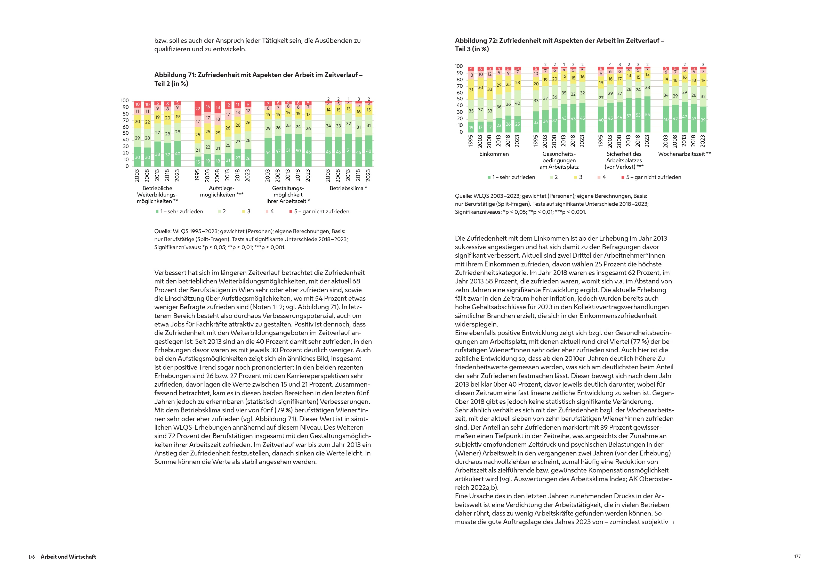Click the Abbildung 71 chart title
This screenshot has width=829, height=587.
pos(258,79)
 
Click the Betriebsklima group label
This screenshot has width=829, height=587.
pos(348,188)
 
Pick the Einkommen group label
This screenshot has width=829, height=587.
pos(494,154)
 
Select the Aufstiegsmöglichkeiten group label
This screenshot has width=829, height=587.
pos(222,192)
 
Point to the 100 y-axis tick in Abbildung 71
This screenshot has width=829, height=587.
pos(125,101)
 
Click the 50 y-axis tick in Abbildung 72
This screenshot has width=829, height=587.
pos(460,99)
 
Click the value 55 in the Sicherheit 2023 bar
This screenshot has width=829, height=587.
pos(647,115)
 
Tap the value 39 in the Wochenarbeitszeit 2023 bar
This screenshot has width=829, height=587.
pos(703,120)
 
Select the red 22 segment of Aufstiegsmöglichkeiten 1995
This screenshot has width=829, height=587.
pos(198,108)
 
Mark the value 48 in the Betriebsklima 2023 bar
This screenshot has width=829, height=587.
pos(368,151)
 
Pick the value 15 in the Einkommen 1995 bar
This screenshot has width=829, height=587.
pos(471,128)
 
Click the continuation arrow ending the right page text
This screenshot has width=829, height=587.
pos(673,522)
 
